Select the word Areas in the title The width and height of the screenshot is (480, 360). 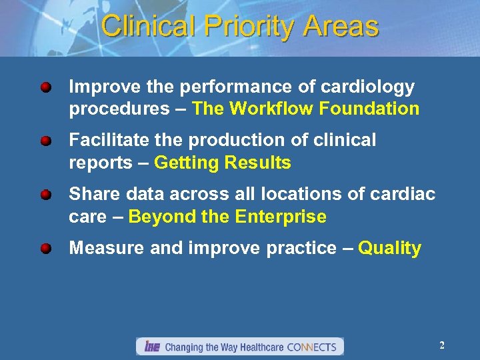coord(341,27)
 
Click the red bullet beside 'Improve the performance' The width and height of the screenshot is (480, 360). coord(45,87)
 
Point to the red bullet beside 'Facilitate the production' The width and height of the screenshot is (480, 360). coord(45,141)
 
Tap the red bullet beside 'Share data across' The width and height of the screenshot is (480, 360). coord(45,195)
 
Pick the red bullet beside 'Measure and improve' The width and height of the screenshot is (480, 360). coord(45,249)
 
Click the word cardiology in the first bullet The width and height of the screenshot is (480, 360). coord(374,87)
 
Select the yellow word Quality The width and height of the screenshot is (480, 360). coord(390,249)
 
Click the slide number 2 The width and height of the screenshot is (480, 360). coord(442,345)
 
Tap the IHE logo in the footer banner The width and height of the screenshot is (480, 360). coord(151,347)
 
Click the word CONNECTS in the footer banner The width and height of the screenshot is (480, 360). coord(311,347)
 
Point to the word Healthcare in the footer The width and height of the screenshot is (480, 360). coord(260,347)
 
